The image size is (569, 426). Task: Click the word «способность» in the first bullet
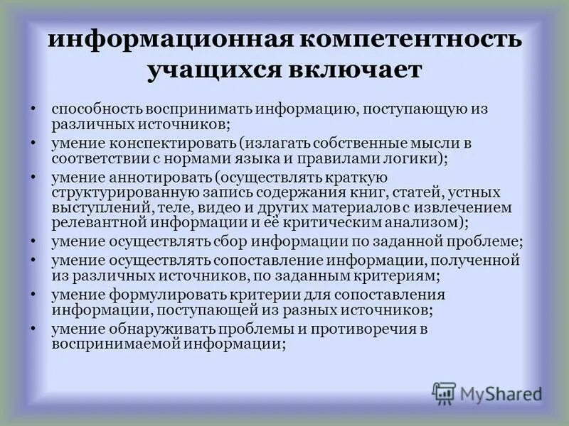tap(96, 111)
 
